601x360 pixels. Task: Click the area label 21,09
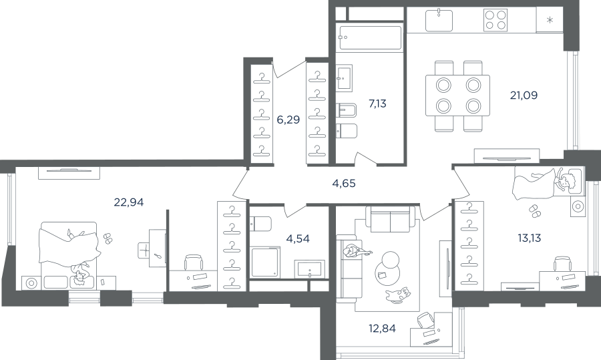(524, 95)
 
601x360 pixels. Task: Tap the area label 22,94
(129, 202)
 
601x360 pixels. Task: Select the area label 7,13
(377, 104)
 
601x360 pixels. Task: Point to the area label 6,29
(288, 120)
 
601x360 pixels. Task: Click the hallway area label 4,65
(344, 184)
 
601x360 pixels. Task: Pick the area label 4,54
(298, 239)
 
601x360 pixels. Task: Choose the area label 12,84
(382, 329)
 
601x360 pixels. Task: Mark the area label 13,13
(530, 238)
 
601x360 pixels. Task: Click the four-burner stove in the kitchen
(495, 20)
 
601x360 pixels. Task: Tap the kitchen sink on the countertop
(439, 20)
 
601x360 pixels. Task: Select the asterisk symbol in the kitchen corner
(550, 20)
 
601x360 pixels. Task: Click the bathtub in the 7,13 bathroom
(369, 37)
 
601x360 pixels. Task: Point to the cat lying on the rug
(398, 295)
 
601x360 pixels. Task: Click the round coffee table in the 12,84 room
(387, 268)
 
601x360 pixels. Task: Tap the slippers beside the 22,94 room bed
(108, 238)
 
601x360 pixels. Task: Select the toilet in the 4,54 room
(260, 224)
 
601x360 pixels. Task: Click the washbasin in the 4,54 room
(309, 269)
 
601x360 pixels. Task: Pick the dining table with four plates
(457, 96)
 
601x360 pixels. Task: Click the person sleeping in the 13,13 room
(548, 182)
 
